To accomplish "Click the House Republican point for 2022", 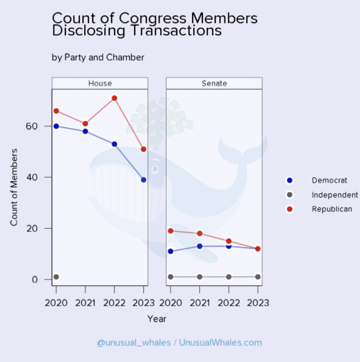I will click(114, 98).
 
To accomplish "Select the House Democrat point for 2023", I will click(143, 180).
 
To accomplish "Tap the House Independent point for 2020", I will click(56, 277).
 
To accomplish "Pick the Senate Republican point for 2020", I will click(170, 231).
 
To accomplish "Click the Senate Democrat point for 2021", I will click(200, 246).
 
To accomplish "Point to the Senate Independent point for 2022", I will click(229, 277).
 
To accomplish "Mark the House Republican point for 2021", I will click(85, 124).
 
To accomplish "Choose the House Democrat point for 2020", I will click(56, 126).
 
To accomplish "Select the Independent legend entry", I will click(334, 195).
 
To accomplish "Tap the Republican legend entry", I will click(332, 209).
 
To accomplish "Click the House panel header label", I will click(100, 83).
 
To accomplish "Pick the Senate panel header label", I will click(214, 83).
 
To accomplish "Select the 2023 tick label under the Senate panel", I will click(258, 303).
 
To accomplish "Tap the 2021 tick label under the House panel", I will click(85, 303).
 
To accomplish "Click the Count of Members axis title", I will click(14, 187).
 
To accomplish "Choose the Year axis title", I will click(157, 319).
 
